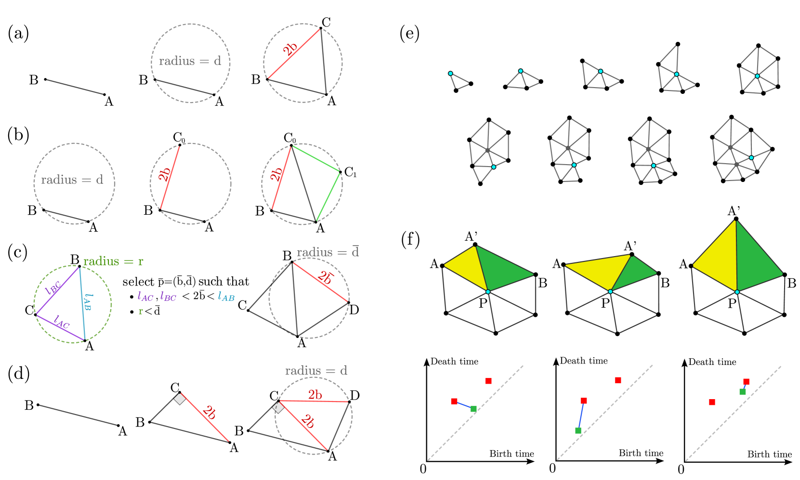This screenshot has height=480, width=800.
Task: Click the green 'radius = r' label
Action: coord(113,261)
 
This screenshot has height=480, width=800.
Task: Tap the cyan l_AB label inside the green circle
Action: coord(88,302)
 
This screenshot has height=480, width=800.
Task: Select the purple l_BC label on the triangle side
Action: coord(53,287)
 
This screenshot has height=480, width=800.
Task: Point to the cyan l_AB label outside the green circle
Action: coord(226,297)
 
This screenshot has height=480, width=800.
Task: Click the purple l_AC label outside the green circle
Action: coord(145,297)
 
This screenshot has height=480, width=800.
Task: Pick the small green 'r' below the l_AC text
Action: coord(141,311)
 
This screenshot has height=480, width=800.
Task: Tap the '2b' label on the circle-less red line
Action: coord(210,413)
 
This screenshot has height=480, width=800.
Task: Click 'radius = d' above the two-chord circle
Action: coord(316,371)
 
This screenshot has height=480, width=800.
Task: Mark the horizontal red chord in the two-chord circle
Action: coord(314,401)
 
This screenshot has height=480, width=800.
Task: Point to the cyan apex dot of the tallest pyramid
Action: coord(737,292)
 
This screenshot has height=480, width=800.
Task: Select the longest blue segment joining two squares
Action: coord(581,415)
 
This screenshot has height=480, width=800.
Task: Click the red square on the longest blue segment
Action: coord(584,401)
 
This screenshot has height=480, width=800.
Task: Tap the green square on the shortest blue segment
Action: coord(743,392)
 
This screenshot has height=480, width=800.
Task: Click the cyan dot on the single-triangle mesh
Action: coord(450,73)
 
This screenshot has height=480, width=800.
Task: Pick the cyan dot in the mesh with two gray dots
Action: coord(751,157)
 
